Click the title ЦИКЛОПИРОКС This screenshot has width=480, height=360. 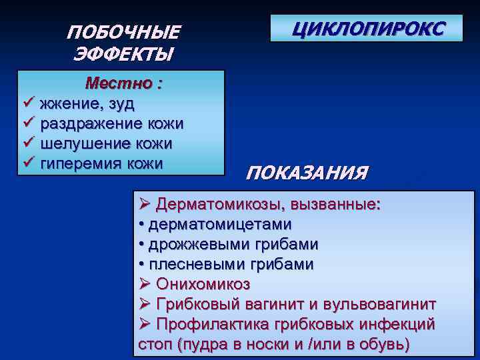tap(366, 28)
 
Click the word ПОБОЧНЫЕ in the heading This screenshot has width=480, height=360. tap(124, 32)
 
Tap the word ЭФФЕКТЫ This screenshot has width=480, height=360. tap(124, 53)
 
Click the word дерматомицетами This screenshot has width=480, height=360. tap(220, 225)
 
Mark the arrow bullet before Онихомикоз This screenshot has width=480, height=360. tap(145, 285)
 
